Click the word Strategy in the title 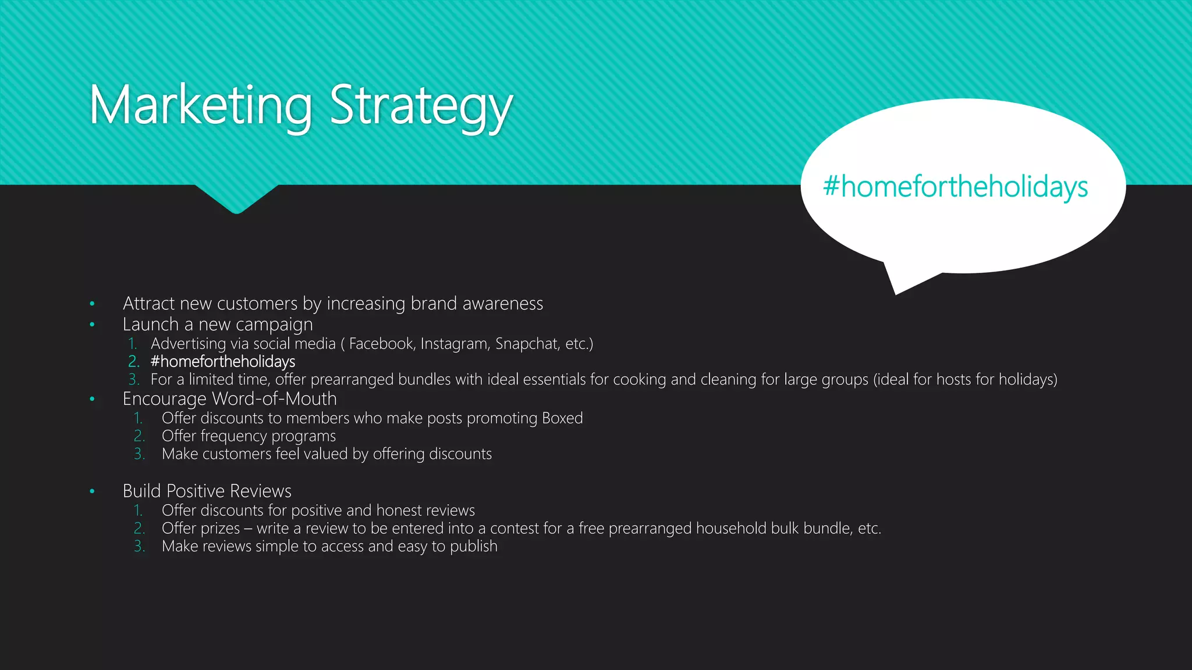[x=421, y=106]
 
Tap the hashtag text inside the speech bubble [x=955, y=187]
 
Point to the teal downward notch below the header [x=237, y=201]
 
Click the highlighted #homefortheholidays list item [x=223, y=362]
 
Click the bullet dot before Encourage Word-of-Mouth [x=92, y=399]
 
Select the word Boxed [x=562, y=418]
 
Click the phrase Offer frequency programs [x=249, y=436]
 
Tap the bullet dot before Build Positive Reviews [x=92, y=491]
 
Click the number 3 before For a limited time [x=134, y=380]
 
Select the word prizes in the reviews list [x=221, y=529]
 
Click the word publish [x=474, y=547]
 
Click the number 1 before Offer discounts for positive [x=138, y=511]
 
